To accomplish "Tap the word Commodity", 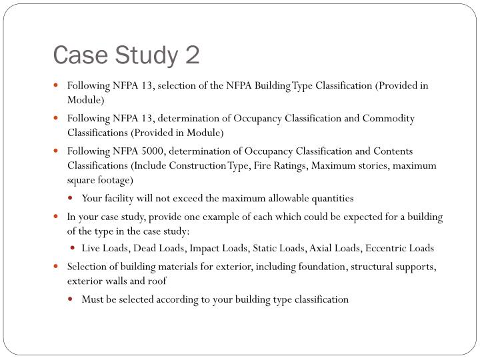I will coord(389,119).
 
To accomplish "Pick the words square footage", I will coord(100,180).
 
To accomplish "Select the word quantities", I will coord(331,198).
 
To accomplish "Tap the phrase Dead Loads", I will coord(159,249).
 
